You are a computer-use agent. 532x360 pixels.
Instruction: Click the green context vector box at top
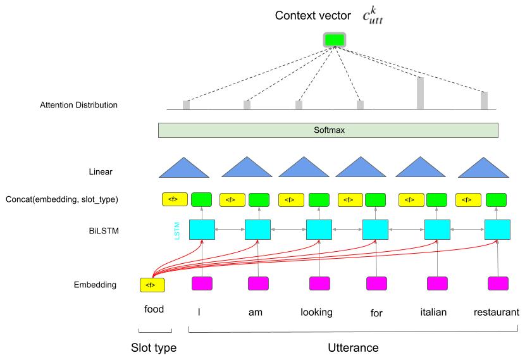(335, 40)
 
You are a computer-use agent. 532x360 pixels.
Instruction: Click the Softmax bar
(328, 130)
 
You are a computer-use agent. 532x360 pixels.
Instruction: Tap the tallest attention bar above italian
(420, 92)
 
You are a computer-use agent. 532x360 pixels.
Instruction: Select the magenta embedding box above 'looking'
(319, 283)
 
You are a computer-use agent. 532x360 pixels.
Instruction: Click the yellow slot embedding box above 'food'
(152, 285)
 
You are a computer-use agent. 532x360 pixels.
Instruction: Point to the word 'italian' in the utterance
(433, 311)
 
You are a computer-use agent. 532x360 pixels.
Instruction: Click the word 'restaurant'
(497, 311)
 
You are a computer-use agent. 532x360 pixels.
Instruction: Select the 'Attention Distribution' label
(78, 105)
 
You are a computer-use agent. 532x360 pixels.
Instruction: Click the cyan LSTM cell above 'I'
(202, 230)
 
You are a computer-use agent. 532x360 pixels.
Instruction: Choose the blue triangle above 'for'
(360, 167)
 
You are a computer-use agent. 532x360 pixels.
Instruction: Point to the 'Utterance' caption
(353, 347)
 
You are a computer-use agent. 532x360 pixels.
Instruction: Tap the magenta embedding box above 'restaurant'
(498, 283)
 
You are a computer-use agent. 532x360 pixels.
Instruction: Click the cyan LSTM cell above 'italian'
(436, 230)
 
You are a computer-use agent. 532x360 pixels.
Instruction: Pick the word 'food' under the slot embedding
(154, 309)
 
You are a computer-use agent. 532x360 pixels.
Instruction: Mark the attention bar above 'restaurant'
(484, 101)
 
